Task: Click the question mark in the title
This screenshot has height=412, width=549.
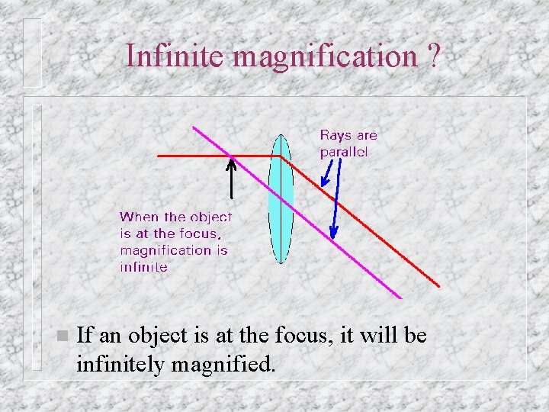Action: (x=433, y=56)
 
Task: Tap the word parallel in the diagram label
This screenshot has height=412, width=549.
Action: (x=344, y=152)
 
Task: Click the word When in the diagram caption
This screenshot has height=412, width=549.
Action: (x=140, y=217)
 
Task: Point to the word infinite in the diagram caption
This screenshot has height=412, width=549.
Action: (x=143, y=266)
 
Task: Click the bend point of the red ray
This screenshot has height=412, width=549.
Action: (x=281, y=156)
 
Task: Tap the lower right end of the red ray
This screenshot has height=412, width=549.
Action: (x=439, y=286)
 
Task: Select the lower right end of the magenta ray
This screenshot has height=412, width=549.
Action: (x=401, y=297)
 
